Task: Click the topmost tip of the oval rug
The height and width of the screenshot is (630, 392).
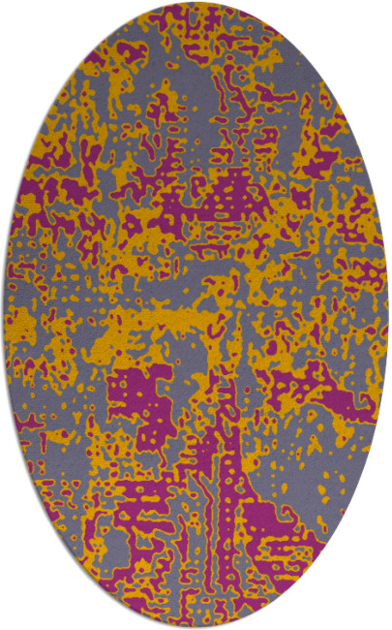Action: [196, 3]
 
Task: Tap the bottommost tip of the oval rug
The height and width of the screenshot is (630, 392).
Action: [196, 627]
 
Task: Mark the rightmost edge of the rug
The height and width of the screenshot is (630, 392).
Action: [387, 315]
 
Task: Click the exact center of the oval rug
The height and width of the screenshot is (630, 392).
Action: [196, 315]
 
